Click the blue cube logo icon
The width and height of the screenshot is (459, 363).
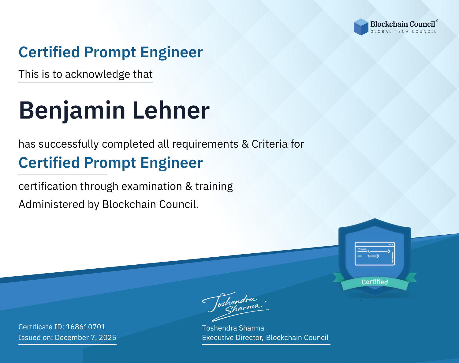[x=361, y=27]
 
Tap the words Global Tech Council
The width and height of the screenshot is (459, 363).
[x=403, y=32]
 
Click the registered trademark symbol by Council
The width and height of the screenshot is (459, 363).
[x=437, y=21]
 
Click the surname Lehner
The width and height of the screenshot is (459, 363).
[x=171, y=110]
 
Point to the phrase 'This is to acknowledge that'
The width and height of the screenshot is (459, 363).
[x=86, y=74]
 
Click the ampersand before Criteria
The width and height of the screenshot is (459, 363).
[x=245, y=144]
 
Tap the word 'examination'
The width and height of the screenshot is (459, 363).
[x=152, y=186]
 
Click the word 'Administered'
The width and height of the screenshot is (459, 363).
[x=52, y=204]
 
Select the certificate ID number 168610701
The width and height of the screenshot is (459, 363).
[x=86, y=327]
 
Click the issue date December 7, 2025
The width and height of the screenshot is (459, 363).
[x=86, y=338]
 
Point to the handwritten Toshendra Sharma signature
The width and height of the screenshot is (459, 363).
[x=236, y=306]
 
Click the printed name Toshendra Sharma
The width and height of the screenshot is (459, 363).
[x=233, y=328]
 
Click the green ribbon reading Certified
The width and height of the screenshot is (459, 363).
[x=375, y=282]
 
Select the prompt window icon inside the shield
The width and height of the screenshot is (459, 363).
[x=375, y=254]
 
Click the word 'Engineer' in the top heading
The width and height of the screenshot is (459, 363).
[x=171, y=52]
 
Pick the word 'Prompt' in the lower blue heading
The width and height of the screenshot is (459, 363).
[x=110, y=163]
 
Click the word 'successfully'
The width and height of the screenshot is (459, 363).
[x=69, y=144]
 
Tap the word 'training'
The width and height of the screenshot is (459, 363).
[x=214, y=187]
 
